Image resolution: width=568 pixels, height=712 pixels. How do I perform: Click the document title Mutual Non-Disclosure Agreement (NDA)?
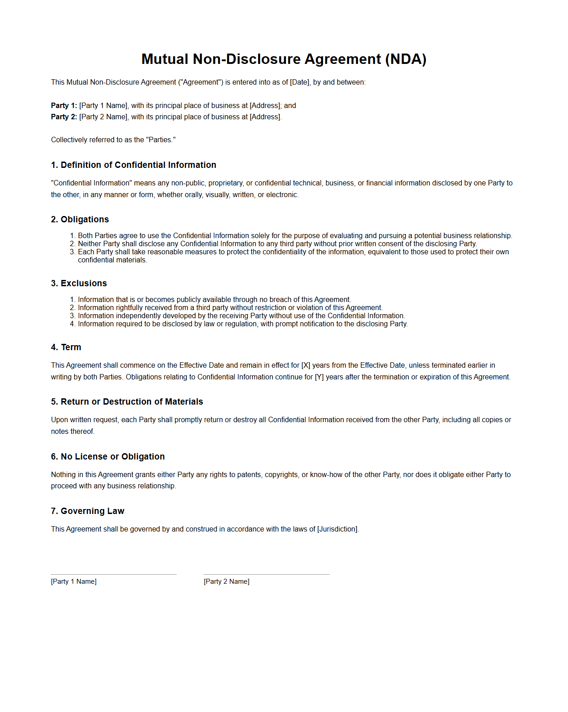coord(284,59)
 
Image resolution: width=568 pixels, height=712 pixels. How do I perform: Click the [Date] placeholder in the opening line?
coord(300,82)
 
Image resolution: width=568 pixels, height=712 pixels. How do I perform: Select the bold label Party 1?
coord(64,105)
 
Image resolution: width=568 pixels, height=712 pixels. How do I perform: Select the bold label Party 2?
coord(64,117)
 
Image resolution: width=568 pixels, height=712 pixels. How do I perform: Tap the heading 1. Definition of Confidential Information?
coord(134,165)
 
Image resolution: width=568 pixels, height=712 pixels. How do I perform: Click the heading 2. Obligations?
coord(80,219)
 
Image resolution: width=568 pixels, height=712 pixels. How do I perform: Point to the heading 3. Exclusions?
coord(79,283)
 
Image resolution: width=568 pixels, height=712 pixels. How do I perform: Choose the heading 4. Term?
coord(66,347)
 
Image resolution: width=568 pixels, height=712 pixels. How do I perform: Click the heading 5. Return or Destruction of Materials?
coord(127,401)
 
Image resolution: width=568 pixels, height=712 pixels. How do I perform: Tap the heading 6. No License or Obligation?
coord(108,456)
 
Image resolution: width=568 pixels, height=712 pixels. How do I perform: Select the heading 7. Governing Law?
coord(88,511)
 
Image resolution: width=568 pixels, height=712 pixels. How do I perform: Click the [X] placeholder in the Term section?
coord(306,365)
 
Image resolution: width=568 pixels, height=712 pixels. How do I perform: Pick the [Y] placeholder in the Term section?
coord(319,377)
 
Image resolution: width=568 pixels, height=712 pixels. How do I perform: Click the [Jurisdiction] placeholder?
coord(337,529)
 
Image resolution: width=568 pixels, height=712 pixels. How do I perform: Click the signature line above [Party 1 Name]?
coord(114,574)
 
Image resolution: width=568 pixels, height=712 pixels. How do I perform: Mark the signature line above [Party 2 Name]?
coord(267,574)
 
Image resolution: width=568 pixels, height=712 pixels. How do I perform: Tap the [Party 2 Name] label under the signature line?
coord(227,581)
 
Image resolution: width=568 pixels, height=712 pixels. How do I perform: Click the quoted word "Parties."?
coord(161,140)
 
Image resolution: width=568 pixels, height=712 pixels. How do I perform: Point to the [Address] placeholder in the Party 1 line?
coord(265,105)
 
